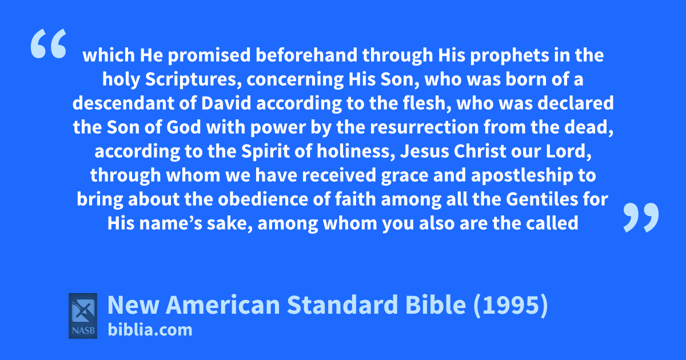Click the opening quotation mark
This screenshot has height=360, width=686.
click(49, 43)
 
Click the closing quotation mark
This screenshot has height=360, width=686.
click(641, 217)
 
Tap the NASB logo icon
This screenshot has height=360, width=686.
click(83, 316)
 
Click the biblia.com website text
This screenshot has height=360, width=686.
click(150, 330)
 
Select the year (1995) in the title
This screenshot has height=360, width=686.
click(510, 305)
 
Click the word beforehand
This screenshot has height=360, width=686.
click(306, 55)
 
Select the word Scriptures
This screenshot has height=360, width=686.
click(193, 79)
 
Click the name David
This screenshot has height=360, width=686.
click(226, 103)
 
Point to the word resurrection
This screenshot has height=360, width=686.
click(424, 127)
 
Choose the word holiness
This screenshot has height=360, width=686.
click(356, 151)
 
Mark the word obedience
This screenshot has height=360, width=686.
click(263, 199)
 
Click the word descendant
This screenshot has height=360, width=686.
click(123, 103)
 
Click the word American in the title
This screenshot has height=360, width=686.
click(223, 305)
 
